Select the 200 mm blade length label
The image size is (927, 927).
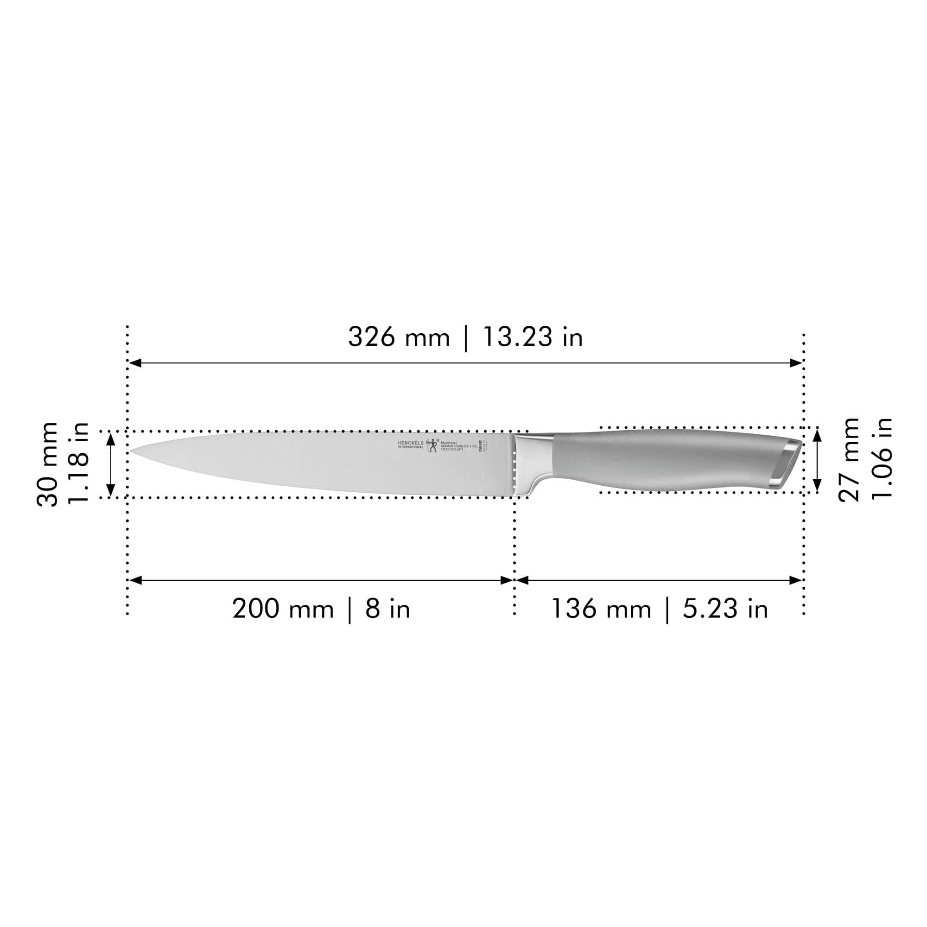tap(283, 609)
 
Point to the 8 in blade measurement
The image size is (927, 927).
tap(387, 609)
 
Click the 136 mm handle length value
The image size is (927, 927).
tap(601, 609)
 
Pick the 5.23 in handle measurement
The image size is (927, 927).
tap(725, 609)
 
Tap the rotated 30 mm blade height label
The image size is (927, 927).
tap(47, 464)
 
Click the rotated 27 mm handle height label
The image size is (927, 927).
tap(849, 460)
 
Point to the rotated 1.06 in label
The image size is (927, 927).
tap(882, 460)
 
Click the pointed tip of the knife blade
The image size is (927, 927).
tap(132, 451)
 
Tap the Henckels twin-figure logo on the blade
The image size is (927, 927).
tap(432, 445)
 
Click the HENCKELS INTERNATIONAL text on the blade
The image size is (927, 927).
tap(411, 445)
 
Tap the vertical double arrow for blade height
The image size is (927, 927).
tap(111, 464)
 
